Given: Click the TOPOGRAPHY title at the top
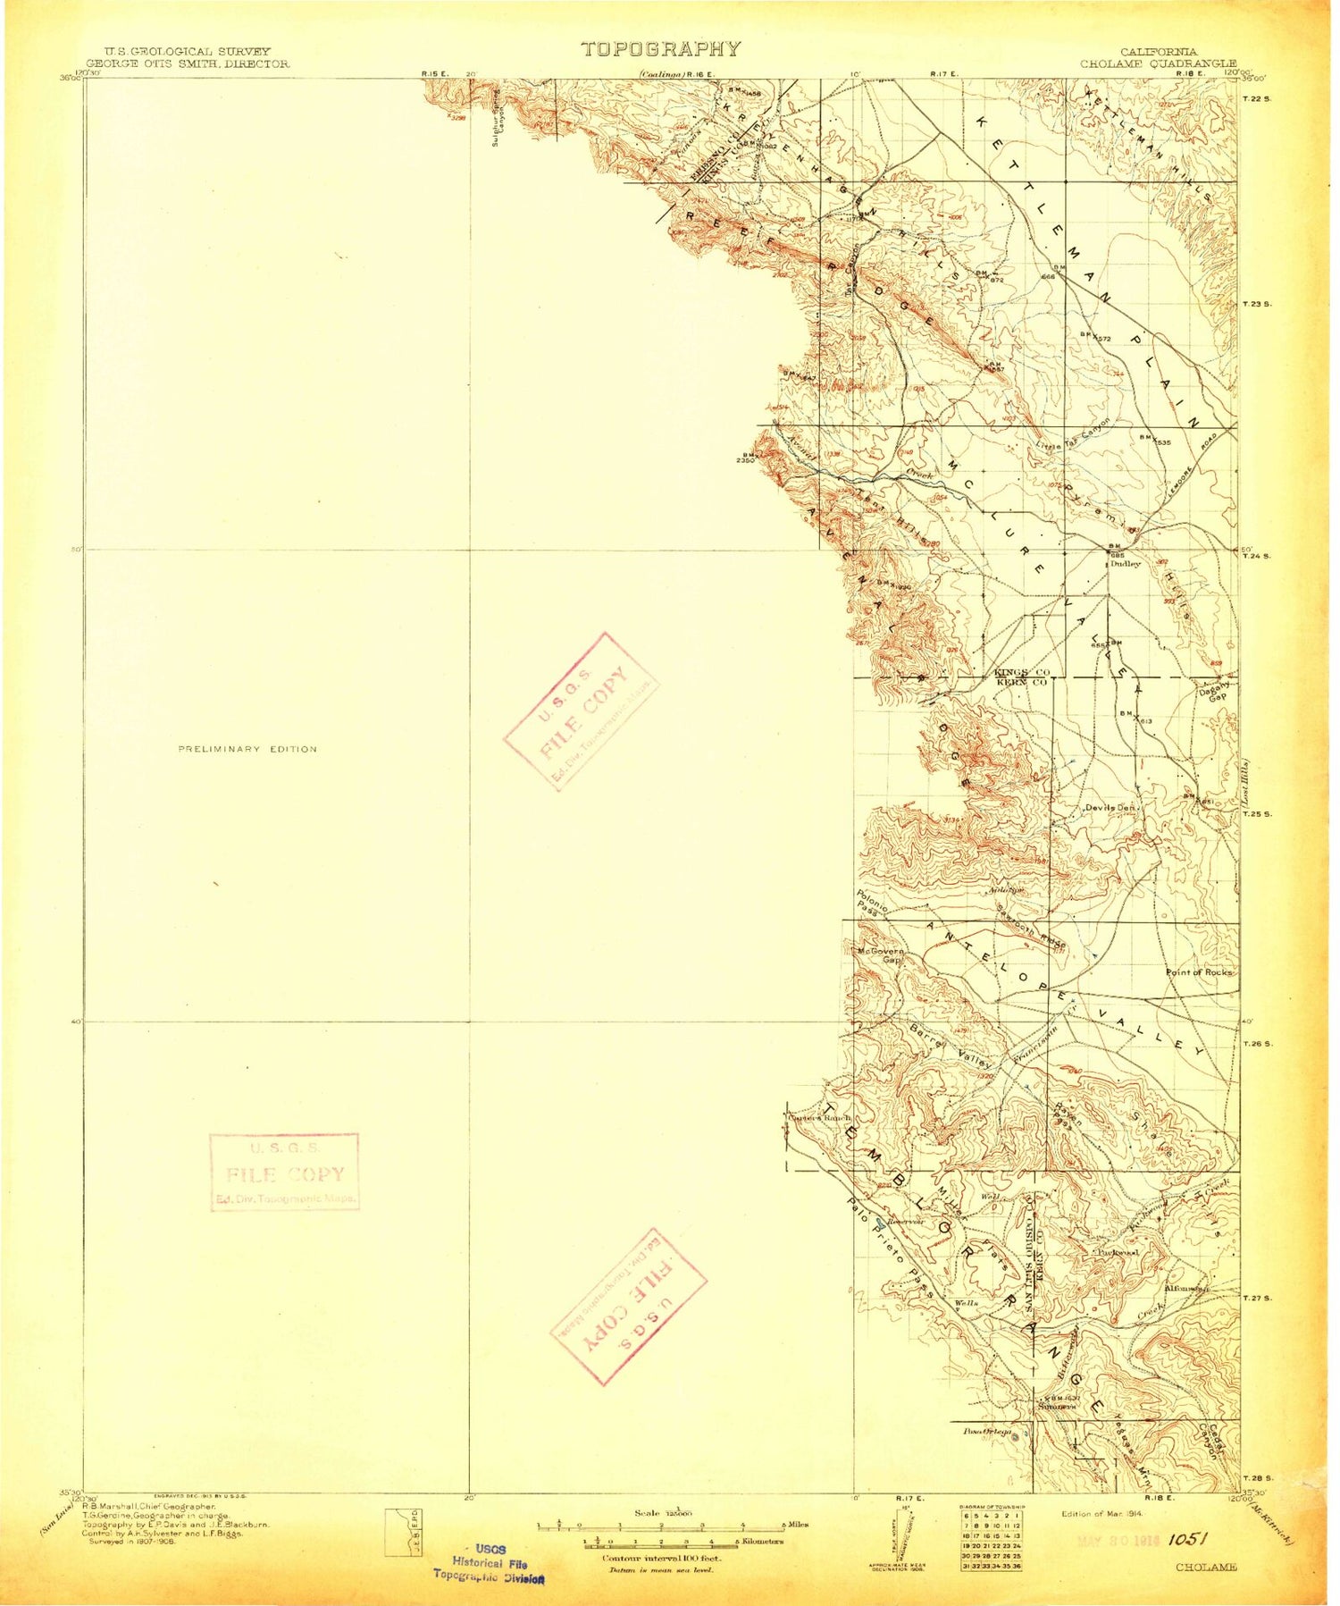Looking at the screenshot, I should pyautogui.click(x=661, y=50).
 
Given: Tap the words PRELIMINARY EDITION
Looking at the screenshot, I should pyautogui.click(x=247, y=749).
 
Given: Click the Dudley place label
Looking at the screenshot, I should pyautogui.click(x=1126, y=564).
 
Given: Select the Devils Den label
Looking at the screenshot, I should pyautogui.click(x=1110, y=807).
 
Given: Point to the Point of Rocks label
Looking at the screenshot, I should pyautogui.click(x=1199, y=971).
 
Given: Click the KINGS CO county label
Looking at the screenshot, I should pyautogui.click(x=1021, y=671).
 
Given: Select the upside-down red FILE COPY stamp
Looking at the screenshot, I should pyautogui.click(x=628, y=1306).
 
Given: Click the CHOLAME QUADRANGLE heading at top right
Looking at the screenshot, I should pyautogui.click(x=1159, y=63).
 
